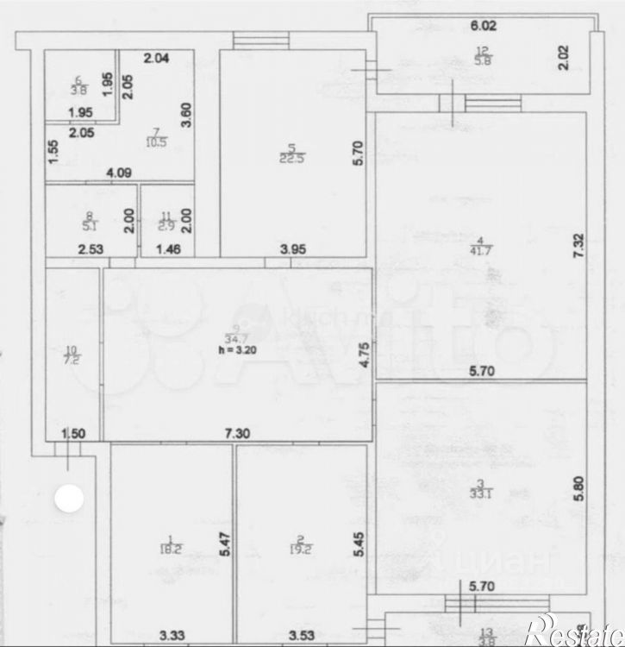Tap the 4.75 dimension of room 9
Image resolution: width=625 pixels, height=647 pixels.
[x=366, y=355]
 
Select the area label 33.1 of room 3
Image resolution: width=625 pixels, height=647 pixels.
[x=485, y=493]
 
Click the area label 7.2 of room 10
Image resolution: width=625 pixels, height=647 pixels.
[x=71, y=355]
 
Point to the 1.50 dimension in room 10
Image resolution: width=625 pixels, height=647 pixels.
[x=72, y=434]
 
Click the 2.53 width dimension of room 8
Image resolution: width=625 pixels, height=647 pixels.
[x=91, y=251]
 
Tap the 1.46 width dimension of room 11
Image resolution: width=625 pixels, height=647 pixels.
[x=168, y=251]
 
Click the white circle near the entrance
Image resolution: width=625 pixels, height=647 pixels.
[x=69, y=498]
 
